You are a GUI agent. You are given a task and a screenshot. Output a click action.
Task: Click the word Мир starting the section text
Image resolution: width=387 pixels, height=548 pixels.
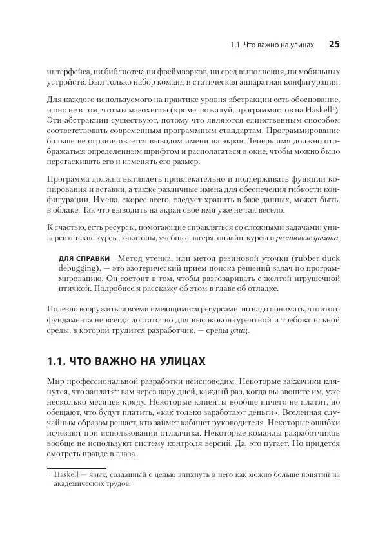57,381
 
